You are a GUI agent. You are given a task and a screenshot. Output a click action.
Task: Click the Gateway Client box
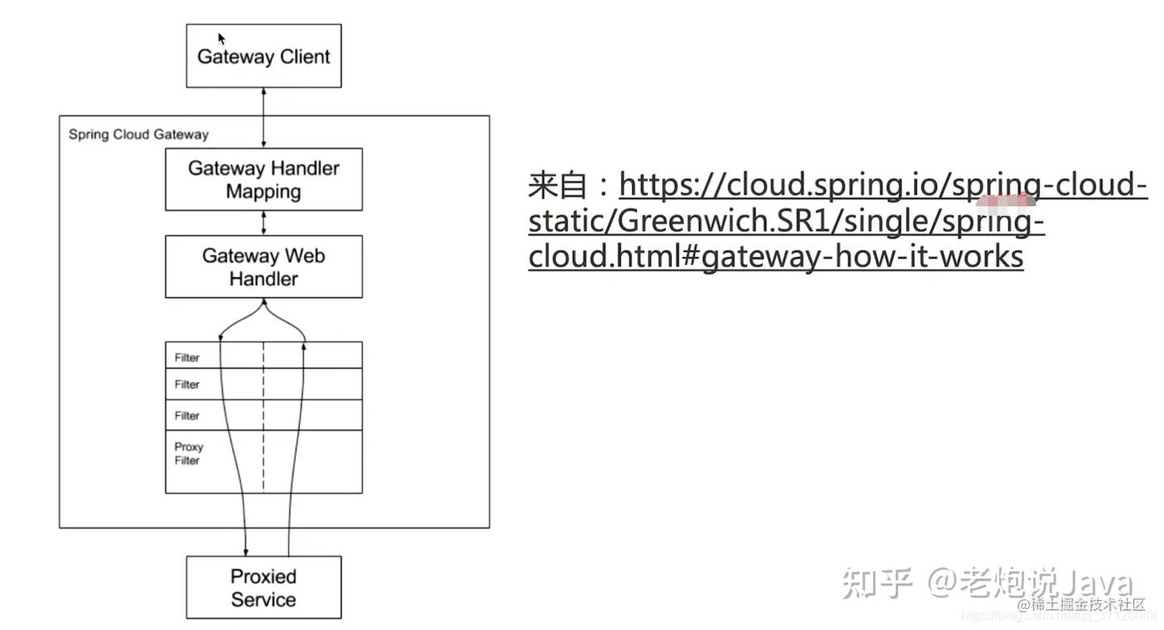264,57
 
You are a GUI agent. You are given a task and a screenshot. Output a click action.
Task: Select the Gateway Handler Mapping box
264,179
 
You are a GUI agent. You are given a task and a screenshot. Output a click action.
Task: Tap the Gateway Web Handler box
264,267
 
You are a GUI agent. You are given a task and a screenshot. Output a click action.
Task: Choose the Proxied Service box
264,588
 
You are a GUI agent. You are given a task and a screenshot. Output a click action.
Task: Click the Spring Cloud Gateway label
138,134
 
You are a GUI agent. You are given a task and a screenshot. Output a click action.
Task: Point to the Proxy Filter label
188,453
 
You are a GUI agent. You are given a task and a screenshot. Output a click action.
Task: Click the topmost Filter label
187,358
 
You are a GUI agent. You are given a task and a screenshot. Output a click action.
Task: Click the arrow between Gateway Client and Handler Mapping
264,117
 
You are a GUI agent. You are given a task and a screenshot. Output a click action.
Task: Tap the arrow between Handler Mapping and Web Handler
264,223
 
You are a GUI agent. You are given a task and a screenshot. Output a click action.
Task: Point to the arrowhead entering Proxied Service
246,552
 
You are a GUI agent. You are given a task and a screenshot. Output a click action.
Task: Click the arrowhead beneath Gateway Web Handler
264,303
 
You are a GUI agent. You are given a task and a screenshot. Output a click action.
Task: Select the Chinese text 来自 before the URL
557,186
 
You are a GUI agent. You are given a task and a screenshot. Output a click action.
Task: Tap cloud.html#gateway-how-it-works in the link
776,256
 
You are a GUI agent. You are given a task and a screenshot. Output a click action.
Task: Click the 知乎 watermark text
876,582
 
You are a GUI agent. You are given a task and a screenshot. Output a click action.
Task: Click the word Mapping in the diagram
264,191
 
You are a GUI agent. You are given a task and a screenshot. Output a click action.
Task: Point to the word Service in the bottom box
264,599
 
